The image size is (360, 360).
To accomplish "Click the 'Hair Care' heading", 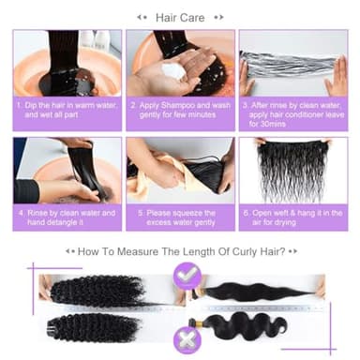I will tap(180, 17).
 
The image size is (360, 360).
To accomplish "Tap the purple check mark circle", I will tap(185, 275).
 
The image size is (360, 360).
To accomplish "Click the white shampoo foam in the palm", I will tap(173, 69).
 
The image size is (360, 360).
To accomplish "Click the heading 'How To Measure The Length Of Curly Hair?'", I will tap(181, 251).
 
